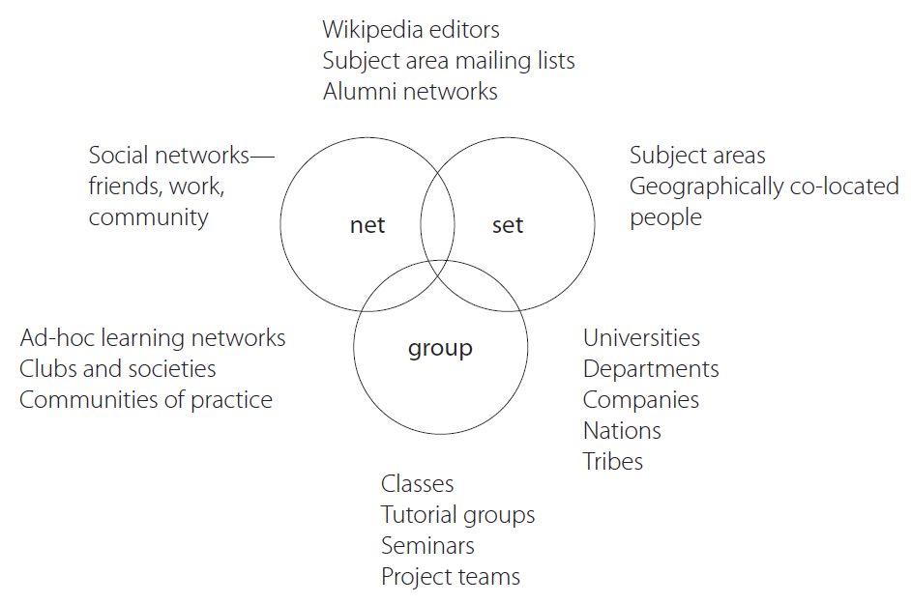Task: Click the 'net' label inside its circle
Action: coord(367,225)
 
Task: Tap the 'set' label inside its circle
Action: coord(508,225)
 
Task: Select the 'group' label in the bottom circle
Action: coord(440,348)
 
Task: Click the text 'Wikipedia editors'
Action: coord(411,30)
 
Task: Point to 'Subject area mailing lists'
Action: coord(449,61)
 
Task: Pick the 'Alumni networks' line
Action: coord(410,92)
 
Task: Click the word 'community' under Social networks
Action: coord(148,217)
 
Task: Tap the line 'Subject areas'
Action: coord(697,156)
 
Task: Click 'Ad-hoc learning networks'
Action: coord(153,338)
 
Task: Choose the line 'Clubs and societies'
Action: coord(118,369)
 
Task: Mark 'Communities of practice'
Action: coord(146,400)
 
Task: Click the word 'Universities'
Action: coord(641,338)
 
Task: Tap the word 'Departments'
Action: coord(651,369)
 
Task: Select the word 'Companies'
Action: coord(641,400)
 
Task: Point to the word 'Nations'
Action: coord(622,431)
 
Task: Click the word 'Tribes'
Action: coord(613,462)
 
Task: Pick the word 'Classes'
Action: coord(417,484)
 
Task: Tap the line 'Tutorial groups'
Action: coord(457,515)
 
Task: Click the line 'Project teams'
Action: coord(451,577)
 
